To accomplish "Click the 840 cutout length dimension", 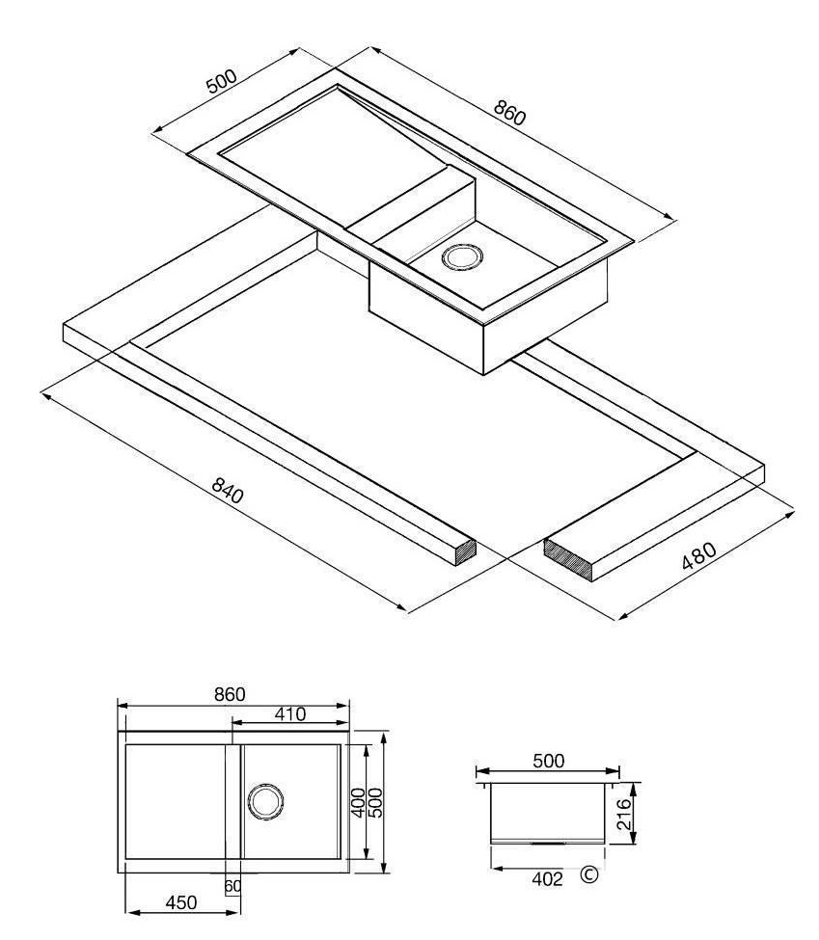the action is (228, 490).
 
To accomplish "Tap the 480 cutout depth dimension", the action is (699, 555).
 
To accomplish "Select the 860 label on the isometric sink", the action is (509, 112).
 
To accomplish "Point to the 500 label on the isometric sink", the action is (222, 81).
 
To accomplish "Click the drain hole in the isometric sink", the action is (462, 256).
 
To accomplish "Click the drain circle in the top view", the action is (264, 801).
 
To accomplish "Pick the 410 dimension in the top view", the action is (290, 714).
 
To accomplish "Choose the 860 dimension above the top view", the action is (230, 693).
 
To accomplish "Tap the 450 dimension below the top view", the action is (180, 902).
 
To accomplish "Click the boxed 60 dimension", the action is (232, 885).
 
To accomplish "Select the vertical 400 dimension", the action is (358, 801).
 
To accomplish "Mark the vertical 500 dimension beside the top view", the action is (375, 801).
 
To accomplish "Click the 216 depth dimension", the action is (624, 814).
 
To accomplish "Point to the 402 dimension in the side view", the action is (548, 879).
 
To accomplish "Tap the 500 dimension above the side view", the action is (548, 761).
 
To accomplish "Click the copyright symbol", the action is (589, 875).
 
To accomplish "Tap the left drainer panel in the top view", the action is (175, 801).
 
